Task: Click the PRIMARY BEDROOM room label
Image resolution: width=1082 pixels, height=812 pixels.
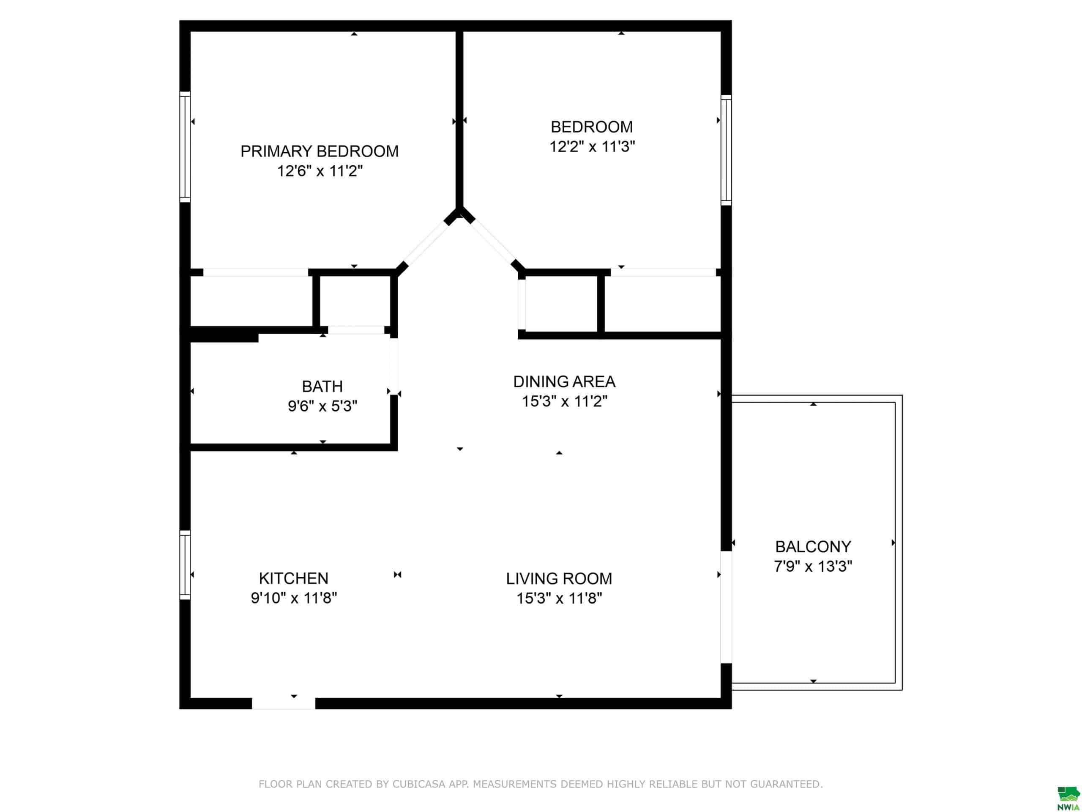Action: coord(320,151)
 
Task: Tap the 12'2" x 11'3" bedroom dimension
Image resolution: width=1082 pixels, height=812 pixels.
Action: coord(592,146)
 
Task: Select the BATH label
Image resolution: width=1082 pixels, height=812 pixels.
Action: coord(322,387)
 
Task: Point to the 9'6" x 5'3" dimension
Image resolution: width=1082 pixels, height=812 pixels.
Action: coord(322,406)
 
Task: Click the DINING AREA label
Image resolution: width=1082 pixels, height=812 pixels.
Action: coord(564,382)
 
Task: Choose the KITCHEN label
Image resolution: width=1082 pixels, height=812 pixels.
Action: coord(293,579)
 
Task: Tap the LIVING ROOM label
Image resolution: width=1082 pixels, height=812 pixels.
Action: coord(559,579)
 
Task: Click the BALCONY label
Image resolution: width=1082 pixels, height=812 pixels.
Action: coord(813,547)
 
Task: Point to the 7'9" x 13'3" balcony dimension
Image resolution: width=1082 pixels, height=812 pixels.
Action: coord(813,566)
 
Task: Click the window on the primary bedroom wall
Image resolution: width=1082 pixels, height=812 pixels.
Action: coord(185,147)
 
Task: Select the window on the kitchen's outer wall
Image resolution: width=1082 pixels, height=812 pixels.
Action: coord(185,565)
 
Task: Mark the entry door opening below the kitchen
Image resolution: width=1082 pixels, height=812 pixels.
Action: coord(283,703)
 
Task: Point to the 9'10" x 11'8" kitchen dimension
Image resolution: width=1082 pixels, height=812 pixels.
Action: coord(293,598)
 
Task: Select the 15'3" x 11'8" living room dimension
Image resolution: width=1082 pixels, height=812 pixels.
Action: coord(559,598)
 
